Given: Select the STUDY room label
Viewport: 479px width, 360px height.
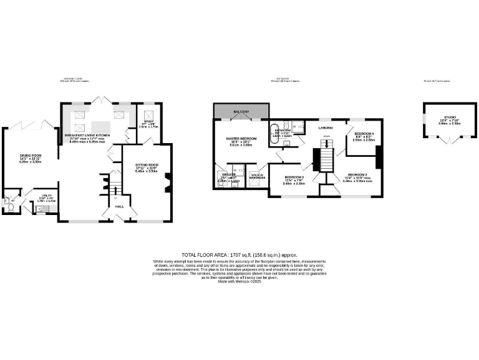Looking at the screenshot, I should click(x=148, y=123).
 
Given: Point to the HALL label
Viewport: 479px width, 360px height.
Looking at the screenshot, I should click(x=119, y=206).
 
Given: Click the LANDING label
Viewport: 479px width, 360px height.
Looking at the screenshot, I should click(x=325, y=127).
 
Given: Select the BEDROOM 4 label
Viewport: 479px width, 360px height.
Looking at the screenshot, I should click(x=364, y=134).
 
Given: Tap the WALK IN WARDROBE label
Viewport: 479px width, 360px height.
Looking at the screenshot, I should click(x=256, y=176).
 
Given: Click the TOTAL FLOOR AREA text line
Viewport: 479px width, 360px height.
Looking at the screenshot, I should click(x=239, y=254).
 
